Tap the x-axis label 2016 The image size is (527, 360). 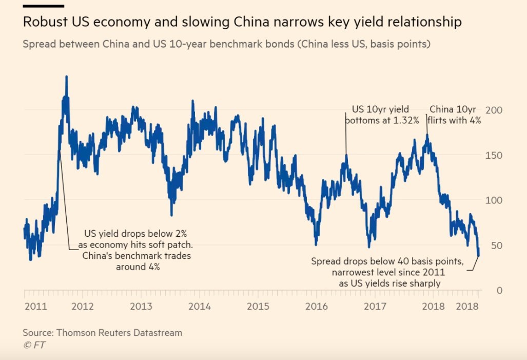click(317, 307)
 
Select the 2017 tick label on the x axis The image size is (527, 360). click(375, 307)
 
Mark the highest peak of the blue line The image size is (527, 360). click(66, 77)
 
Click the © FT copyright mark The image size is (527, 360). click(34, 345)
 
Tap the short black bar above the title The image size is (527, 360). click(44, 6)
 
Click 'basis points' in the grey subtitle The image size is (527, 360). click(398, 44)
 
